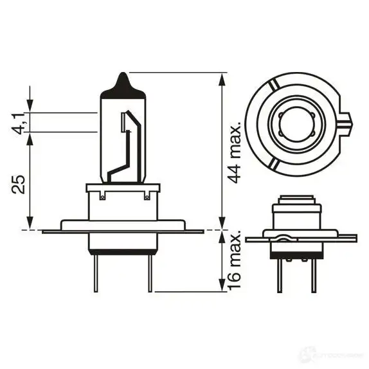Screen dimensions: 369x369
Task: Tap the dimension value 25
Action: coord(20,184)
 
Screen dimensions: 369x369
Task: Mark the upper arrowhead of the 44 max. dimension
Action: coord(222,78)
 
